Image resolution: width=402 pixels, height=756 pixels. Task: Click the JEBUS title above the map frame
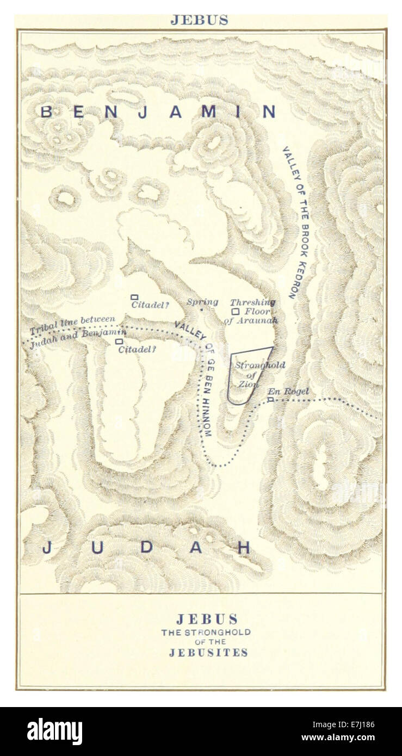coord(199,20)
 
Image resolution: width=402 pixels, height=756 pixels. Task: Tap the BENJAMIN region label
coord(158,112)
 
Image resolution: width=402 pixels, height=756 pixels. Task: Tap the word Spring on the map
coord(202,302)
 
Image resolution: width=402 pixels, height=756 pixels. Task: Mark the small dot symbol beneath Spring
coord(201,310)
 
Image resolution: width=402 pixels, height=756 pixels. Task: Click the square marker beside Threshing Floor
coord(236,312)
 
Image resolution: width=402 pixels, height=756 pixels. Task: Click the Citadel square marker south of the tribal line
coord(119,342)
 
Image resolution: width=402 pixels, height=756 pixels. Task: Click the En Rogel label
coord(288,391)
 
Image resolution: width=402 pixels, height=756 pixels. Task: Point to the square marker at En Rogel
coord(270,399)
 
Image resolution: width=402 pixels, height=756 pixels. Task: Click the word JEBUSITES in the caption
coord(208,653)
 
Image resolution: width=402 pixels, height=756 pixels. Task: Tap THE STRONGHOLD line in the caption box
coord(206,633)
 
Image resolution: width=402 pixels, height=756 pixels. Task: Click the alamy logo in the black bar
coord(54,732)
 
